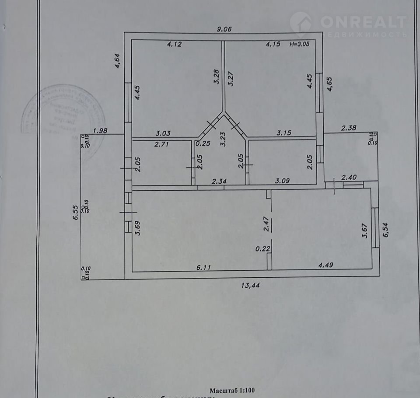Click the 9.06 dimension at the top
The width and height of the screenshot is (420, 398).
pos(224,29)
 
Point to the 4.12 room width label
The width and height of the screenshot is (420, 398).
pos(174,44)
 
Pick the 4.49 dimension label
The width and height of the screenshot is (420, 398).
pos(322,265)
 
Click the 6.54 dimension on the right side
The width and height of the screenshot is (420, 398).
pos(386,228)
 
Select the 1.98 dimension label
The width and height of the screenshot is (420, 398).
pos(101,130)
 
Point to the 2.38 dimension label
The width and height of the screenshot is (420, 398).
pos(349,128)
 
